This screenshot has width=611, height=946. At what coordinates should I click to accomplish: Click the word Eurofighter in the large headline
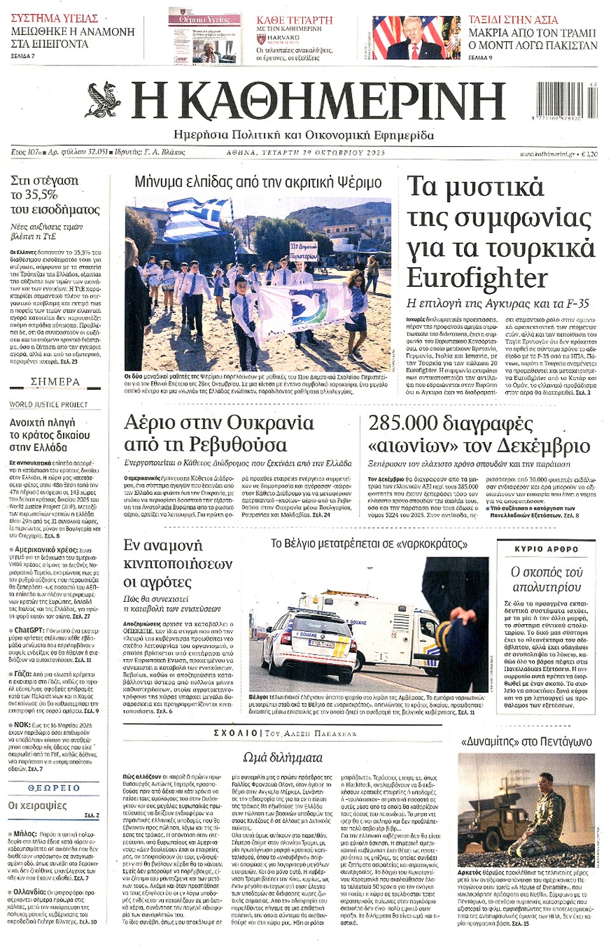(x=477, y=278)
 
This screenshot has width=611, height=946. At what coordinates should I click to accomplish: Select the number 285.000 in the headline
(x=403, y=423)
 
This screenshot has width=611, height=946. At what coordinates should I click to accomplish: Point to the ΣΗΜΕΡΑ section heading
(x=55, y=382)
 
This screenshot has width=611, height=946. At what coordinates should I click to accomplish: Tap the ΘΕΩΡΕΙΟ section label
(x=54, y=788)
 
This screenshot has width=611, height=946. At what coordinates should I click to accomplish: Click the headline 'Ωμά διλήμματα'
(x=283, y=758)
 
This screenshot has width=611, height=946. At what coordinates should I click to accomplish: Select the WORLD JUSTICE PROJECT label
(x=48, y=405)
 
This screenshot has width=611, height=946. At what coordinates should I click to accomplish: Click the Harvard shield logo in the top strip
(x=261, y=39)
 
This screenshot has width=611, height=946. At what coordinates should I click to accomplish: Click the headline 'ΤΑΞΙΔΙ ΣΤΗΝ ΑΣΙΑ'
(x=513, y=20)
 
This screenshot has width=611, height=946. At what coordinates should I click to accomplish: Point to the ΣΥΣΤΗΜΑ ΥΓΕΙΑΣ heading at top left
(x=54, y=18)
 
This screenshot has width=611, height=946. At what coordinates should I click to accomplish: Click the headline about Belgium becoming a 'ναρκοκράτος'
(x=369, y=544)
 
